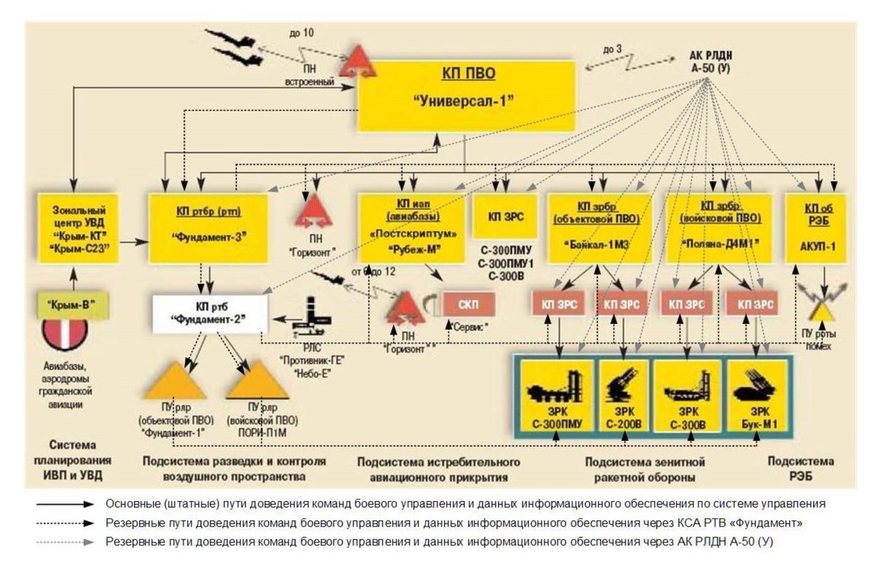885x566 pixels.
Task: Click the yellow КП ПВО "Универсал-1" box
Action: coord(466,96)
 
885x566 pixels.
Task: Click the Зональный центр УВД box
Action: coord(74,228)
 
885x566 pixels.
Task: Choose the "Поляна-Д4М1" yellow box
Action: coord(718,228)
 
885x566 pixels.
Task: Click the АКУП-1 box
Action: coord(815,228)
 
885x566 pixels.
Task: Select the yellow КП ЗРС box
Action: coord(506,218)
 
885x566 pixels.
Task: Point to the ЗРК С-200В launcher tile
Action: coord(623,395)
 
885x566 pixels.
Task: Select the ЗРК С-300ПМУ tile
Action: coord(558,395)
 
